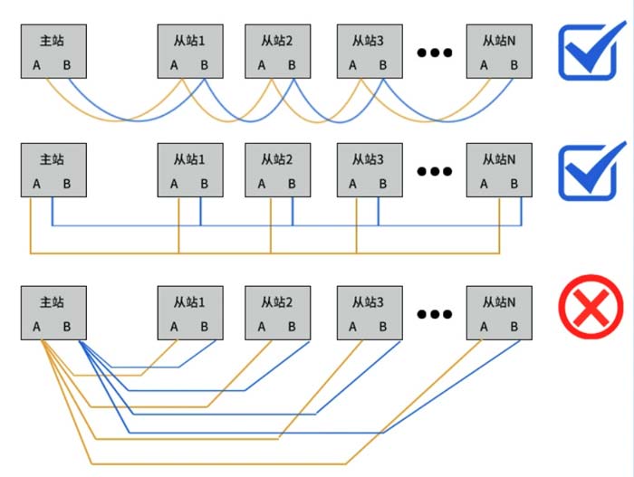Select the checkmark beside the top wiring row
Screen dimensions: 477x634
[591, 50]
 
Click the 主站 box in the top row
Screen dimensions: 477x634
[53, 51]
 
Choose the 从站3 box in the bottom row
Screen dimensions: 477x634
[368, 313]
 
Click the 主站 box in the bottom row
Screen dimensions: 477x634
[53, 313]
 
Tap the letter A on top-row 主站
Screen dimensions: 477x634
[37, 65]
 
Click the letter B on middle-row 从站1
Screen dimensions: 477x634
[204, 184]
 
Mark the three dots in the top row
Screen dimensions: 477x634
[434, 52]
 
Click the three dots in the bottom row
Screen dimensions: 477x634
[434, 314]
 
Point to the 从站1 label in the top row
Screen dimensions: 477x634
[189, 41]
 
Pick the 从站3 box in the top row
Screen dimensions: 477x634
[368, 51]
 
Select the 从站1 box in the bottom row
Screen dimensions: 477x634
[189, 313]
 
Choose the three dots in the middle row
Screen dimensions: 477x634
[434, 171]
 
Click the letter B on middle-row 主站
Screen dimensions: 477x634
[66, 184]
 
